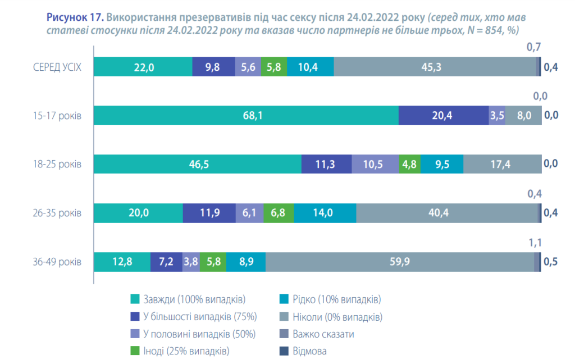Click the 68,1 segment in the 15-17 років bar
(x=245, y=116)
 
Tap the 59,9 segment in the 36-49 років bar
(x=400, y=262)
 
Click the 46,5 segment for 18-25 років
(x=197, y=165)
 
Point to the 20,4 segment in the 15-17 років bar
(x=443, y=116)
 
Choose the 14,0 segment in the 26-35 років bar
(x=325, y=213)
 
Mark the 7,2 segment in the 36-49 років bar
(x=166, y=262)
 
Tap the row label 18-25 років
(x=57, y=165)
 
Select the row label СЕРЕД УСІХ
(x=57, y=67)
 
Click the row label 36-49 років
(x=57, y=262)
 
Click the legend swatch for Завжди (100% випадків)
(x=134, y=299)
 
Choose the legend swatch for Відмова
(x=282, y=351)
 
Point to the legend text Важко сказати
(x=323, y=334)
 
